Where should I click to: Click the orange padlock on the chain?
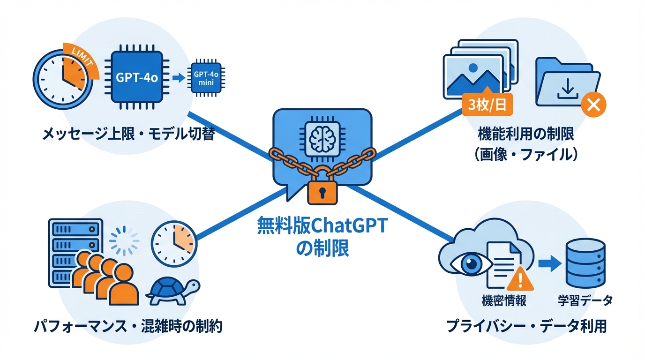point(322,191)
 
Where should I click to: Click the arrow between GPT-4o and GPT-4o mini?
point(179,78)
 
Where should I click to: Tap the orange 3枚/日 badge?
point(487,104)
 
